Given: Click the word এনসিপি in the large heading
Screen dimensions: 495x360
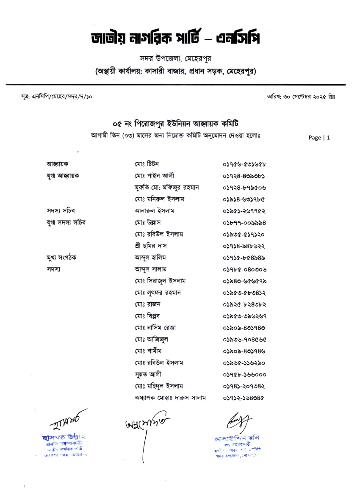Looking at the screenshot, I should [238, 39].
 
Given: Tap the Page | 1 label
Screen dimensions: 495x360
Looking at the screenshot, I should [319, 138].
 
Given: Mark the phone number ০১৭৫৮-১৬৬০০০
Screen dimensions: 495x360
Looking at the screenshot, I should [244, 374].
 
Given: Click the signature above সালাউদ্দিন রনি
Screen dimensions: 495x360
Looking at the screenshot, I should [239, 422].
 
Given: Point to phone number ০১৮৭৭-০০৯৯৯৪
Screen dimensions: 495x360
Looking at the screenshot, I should [244, 222].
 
